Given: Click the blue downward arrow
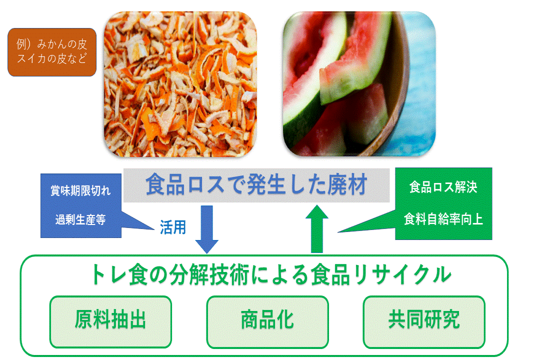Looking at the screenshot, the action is [x=206, y=229].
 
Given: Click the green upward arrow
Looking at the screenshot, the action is [x=317, y=229].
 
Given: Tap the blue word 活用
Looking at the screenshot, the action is [x=173, y=227].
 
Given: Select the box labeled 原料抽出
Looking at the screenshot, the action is [x=110, y=322].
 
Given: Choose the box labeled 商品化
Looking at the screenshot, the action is [x=267, y=322].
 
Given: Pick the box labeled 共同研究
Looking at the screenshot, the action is [x=424, y=322].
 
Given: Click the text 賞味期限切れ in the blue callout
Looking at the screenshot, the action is [x=80, y=190].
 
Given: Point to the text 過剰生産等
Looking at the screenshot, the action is [x=80, y=219].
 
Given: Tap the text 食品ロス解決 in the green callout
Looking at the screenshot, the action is [x=443, y=187].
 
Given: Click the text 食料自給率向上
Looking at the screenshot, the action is [x=443, y=219].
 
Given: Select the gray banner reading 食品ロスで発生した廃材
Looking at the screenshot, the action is [x=256, y=185].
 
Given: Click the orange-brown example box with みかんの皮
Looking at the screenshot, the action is [x=52, y=52].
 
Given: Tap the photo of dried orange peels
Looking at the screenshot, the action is [x=180, y=84].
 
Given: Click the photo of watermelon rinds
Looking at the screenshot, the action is [x=359, y=84].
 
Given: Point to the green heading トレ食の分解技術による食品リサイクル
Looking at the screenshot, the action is [x=271, y=275].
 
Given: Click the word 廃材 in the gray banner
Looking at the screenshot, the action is [x=347, y=184].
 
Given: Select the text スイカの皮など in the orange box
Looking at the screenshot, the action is [x=52, y=58].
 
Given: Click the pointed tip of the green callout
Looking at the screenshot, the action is [x=338, y=232].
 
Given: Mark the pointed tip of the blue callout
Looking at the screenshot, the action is [x=154, y=229].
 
